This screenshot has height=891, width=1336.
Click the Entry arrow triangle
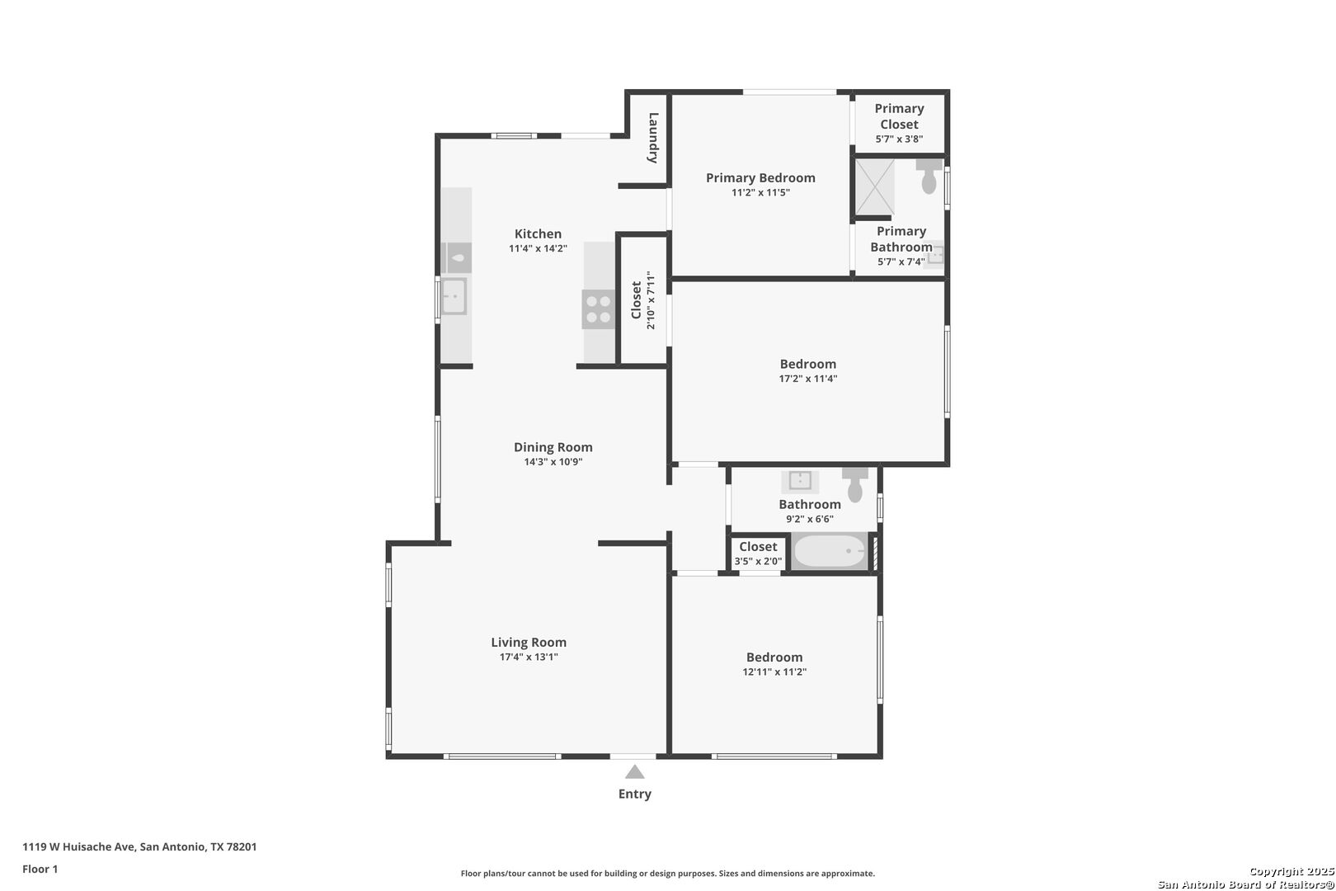pos(635,772)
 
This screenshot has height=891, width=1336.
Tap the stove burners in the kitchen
pos(598,309)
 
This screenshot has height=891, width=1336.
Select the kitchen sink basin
pos(454,297)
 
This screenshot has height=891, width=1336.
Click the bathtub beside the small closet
pos(830,551)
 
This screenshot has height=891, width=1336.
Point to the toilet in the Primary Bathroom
pos(929,176)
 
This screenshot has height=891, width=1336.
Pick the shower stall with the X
pos(875,186)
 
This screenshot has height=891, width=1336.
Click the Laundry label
pos(653,138)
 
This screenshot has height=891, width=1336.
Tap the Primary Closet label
pos(900,116)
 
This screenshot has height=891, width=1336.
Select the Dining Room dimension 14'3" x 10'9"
pos(553,462)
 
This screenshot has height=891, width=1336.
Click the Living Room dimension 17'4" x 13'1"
pos(529,657)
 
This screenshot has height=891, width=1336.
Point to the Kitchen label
pos(538,234)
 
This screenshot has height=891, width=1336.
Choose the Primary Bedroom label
pos(760,178)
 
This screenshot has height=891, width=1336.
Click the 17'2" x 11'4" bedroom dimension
pos(808,379)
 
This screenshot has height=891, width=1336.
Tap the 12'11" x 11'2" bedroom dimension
pos(774,672)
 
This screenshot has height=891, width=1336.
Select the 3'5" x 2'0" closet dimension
pos(758,561)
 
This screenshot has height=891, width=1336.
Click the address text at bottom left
pos(139,846)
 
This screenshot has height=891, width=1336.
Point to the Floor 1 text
pos(40,869)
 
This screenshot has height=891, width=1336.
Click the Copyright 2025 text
pos(1291,871)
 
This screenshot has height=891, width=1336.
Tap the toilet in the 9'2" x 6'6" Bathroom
pos(855,484)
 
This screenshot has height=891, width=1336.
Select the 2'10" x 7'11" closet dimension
pos(651,300)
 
